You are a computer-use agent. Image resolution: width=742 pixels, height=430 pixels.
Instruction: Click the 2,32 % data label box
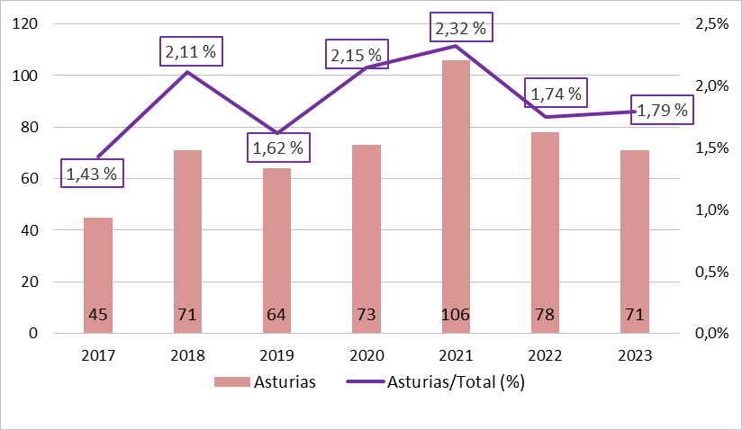pyautogui.click(x=460, y=28)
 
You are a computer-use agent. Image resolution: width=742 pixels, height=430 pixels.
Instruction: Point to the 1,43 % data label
pyautogui.click(x=92, y=174)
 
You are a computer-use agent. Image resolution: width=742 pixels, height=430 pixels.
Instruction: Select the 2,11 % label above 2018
pyautogui.click(x=190, y=52)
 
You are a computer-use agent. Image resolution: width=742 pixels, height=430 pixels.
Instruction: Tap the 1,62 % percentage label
pyautogui.click(x=278, y=147)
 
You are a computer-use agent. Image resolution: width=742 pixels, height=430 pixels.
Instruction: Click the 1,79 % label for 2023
pyautogui.click(x=662, y=112)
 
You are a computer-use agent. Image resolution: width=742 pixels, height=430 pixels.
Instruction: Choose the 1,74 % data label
pyautogui.click(x=556, y=93)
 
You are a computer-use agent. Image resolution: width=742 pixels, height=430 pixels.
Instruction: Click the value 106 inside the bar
pyautogui.click(x=455, y=315)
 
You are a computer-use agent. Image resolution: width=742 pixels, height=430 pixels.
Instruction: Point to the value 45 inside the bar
pyautogui.click(x=98, y=315)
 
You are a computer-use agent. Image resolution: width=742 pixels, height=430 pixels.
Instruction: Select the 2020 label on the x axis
pyautogui.click(x=366, y=355)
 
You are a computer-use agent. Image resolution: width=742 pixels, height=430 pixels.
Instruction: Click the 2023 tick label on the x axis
pyautogui.click(x=634, y=355)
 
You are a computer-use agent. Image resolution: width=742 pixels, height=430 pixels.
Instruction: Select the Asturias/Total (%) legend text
pyautogui.click(x=455, y=382)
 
